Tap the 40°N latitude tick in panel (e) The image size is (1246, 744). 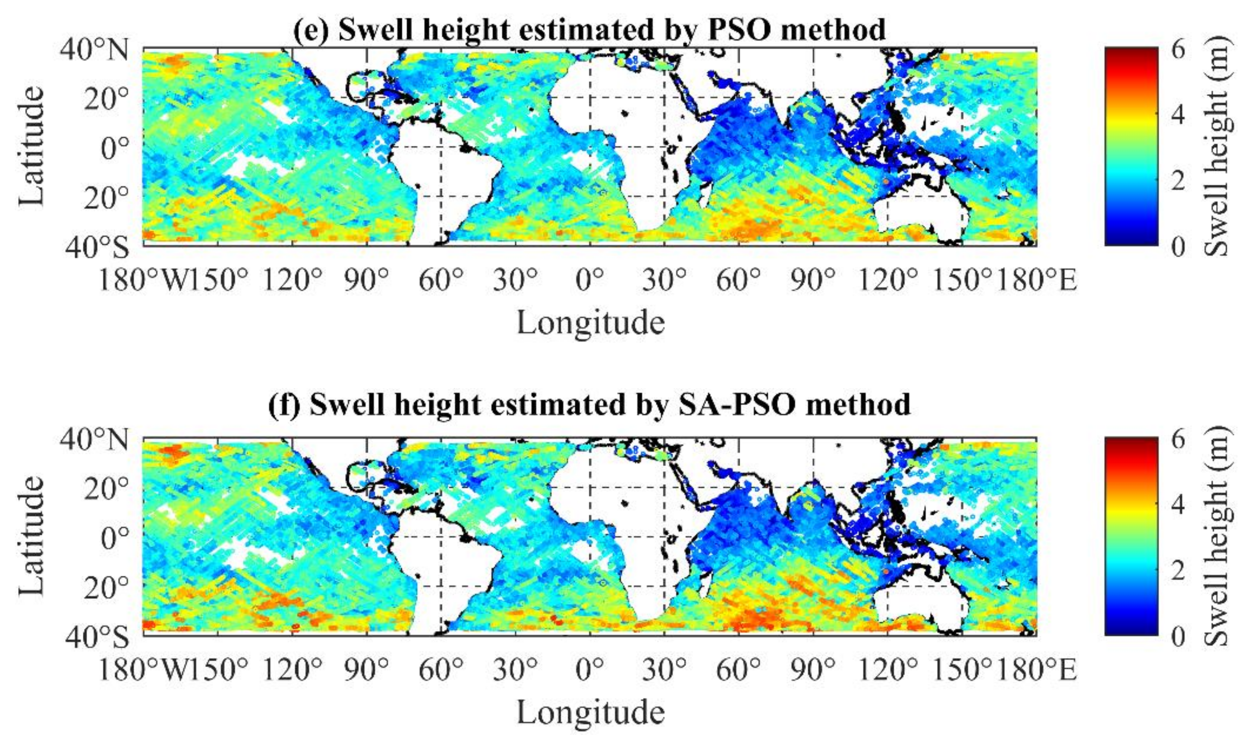click(x=95, y=50)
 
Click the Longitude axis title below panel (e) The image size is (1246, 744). click(x=590, y=322)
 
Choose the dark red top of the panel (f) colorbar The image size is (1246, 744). click(x=1131, y=444)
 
